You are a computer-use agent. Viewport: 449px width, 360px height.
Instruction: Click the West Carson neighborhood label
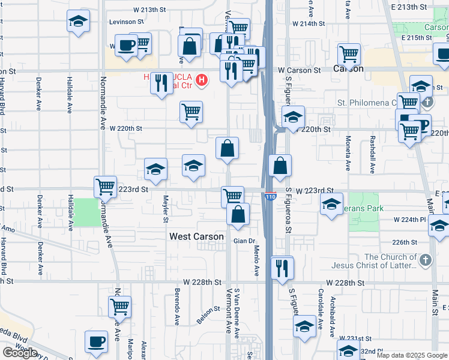196,236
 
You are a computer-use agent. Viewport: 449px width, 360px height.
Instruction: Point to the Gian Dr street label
244,241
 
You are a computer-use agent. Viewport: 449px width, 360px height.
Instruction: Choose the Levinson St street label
127,22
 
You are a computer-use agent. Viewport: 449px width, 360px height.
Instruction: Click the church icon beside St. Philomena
427,102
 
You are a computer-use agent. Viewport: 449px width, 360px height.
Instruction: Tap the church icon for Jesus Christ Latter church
426,260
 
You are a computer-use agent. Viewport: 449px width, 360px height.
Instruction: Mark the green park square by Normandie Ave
88,212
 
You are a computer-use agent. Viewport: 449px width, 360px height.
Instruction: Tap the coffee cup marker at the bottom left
96,342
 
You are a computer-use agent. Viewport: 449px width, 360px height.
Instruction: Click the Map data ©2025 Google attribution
411,355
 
